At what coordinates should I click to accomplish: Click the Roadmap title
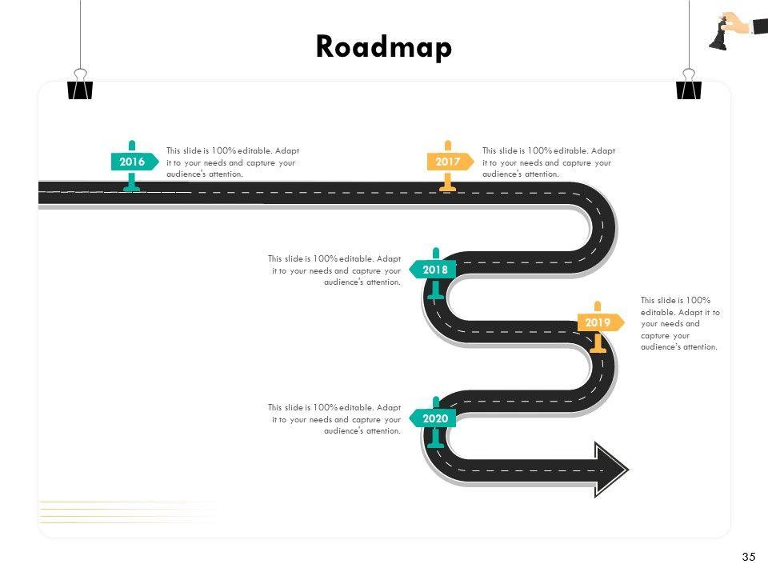[x=384, y=46]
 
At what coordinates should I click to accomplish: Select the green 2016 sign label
[x=132, y=162]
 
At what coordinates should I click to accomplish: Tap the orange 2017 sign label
[x=448, y=162]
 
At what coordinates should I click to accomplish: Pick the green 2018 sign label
[x=435, y=270]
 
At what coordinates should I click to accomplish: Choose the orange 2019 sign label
[x=598, y=323]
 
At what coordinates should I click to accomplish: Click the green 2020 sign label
[x=435, y=418]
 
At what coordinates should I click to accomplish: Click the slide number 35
[x=749, y=557]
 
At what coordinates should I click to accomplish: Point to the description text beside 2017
[x=549, y=162]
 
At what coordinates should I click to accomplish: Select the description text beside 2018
[x=334, y=270]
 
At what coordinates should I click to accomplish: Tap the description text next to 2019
[x=680, y=323]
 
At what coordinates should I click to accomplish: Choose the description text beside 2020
[x=334, y=418]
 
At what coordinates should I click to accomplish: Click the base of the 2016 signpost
[x=132, y=189]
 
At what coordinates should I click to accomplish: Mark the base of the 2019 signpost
[x=598, y=349]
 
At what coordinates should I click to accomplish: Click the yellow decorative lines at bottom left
[x=128, y=512]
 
